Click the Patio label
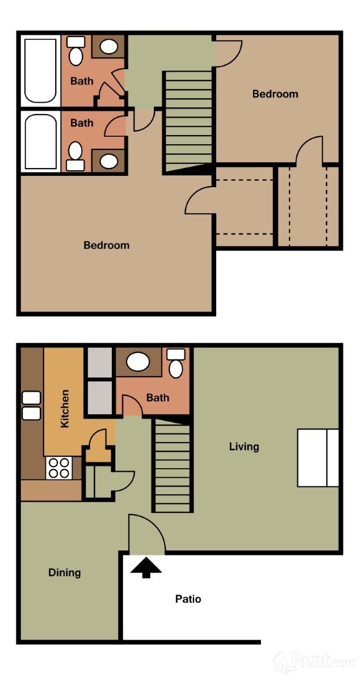pos(188,599)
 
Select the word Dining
pos(64,573)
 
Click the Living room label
pos(244,446)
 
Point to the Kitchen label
pos(65,408)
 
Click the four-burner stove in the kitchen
pos(59,468)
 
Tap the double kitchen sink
pos(31,405)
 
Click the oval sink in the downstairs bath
pos(138,361)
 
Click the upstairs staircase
pos(189,119)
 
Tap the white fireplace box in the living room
pos(318,457)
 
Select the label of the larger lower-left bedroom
pos(107,245)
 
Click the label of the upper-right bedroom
pos(275,94)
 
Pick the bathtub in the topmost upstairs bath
pos(40,70)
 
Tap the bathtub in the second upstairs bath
pos(40,142)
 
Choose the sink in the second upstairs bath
pos(108,161)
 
